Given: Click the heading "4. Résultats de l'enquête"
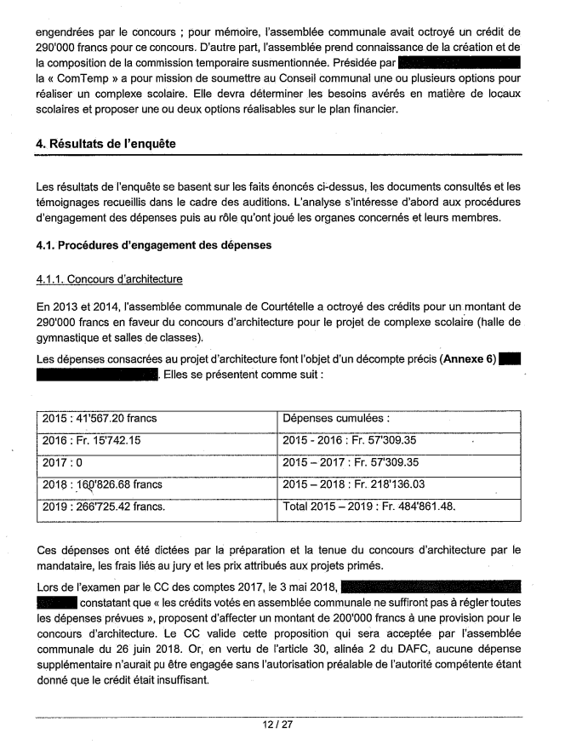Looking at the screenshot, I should pyautogui.click(x=106, y=144).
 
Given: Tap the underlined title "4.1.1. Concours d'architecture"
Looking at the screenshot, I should pyautogui.click(x=109, y=279).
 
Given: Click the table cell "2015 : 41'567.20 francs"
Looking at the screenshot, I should pyautogui.click(x=97, y=418).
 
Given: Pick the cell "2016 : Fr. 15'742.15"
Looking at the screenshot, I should pyautogui.click(x=93, y=440).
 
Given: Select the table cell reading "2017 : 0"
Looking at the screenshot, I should pyautogui.click(x=66, y=462).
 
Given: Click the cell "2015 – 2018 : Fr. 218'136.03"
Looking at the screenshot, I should pyautogui.click(x=362, y=484).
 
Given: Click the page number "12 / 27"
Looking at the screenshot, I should pyautogui.click(x=282, y=724).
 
